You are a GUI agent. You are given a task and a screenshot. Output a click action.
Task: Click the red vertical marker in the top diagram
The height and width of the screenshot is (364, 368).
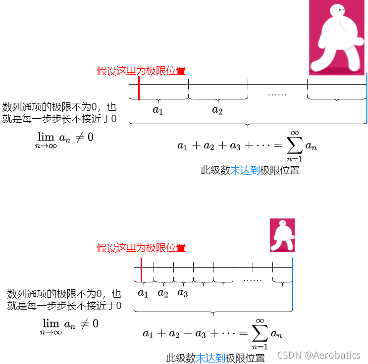[139, 88]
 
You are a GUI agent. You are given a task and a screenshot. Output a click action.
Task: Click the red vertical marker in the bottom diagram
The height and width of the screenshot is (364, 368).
[142, 270]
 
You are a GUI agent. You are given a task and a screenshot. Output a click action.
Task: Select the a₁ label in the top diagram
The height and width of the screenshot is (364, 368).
[158, 110]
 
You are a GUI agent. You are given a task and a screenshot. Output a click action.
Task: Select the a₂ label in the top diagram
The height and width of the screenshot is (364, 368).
[217, 110]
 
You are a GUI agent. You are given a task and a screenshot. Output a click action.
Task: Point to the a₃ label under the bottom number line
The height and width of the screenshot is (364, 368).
[182, 293]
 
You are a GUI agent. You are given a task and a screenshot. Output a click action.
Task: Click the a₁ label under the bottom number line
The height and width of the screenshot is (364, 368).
[143, 293]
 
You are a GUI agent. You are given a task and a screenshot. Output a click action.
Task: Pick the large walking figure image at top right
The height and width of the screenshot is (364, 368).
[337, 38]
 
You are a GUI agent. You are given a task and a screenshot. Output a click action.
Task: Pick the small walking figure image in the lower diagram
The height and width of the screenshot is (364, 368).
[282, 235]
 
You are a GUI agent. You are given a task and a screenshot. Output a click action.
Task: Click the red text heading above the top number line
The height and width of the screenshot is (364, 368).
[141, 71]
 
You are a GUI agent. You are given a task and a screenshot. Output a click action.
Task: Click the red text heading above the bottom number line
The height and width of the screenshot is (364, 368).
[141, 248]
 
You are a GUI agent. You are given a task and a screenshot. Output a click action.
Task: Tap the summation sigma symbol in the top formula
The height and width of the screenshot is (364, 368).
[294, 145]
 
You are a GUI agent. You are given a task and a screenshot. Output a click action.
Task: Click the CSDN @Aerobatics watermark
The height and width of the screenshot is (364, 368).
[318, 355]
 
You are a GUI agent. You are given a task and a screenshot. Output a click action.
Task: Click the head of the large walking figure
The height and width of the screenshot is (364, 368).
[340, 10]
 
